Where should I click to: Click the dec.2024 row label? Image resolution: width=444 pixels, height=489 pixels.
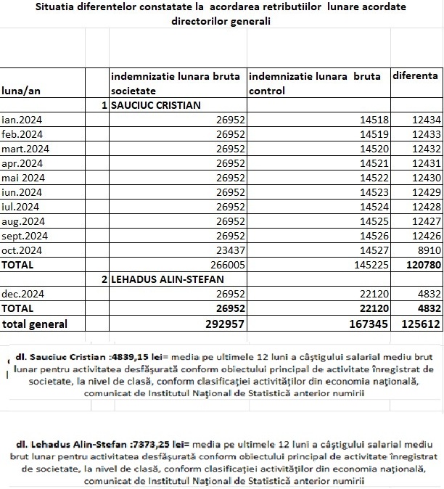coord(22,295)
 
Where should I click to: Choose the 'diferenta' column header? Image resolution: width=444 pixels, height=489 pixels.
coord(415,75)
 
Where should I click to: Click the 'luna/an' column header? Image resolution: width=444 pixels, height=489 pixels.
coord(22,91)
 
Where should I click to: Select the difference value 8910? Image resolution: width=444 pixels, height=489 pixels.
coord(425,250)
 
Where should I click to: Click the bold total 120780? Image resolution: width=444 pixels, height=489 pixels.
coord(422,266)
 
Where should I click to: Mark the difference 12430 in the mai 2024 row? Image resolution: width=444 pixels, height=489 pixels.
coord(422,178)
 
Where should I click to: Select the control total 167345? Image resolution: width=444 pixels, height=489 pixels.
coord(369,324)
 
